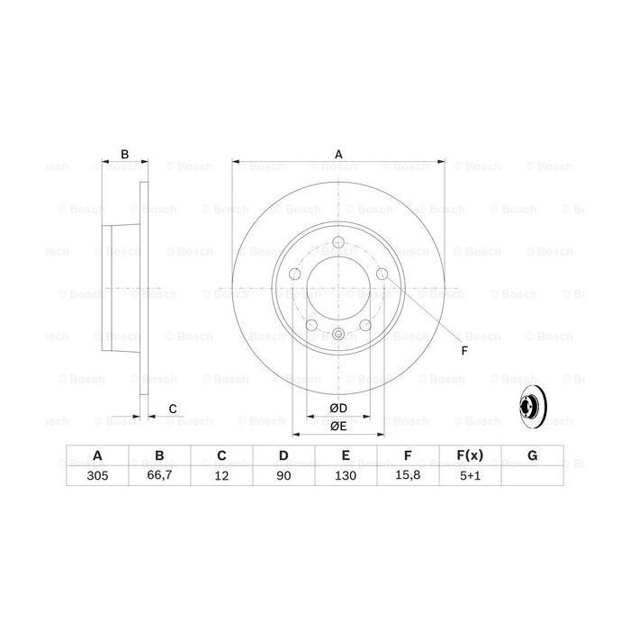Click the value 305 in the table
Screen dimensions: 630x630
point(96,478)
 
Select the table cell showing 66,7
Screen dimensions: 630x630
point(158,478)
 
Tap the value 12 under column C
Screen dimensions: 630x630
point(220,478)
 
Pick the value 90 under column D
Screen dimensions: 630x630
point(283,478)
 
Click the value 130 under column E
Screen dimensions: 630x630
point(345,478)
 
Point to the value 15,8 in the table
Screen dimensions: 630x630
point(407,478)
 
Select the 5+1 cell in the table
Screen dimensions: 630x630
point(469,478)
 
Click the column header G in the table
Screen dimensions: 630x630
point(532,456)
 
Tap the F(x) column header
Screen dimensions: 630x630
point(469,456)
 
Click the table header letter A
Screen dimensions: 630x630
point(96,456)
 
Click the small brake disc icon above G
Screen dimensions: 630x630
point(532,413)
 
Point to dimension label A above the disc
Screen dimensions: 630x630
point(338,154)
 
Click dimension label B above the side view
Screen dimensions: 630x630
point(125,154)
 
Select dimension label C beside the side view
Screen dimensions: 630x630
point(172,409)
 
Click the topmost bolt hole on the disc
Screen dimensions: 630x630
point(338,241)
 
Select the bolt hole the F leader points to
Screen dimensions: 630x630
point(381,274)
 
